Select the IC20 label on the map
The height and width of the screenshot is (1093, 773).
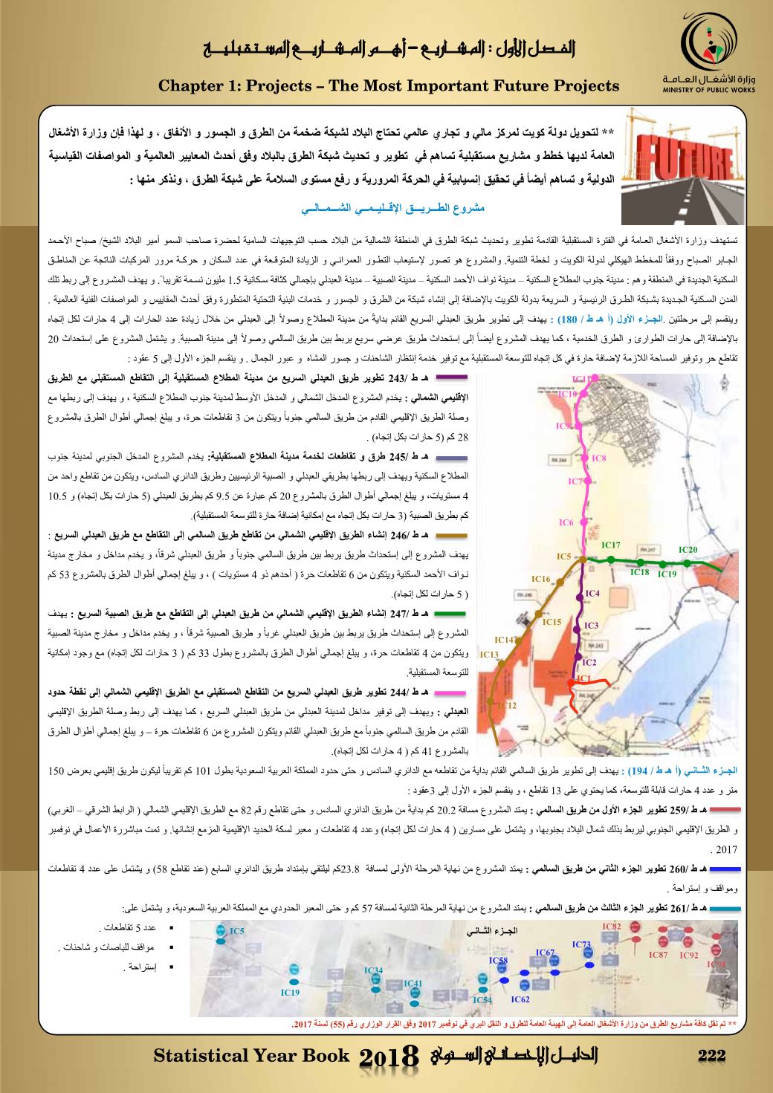[688, 549]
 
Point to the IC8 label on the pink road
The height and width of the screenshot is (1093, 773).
[600, 458]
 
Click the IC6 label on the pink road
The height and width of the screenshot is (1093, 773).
[566, 523]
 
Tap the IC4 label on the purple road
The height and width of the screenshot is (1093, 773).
[592, 594]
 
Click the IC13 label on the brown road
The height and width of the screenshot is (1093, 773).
[488, 655]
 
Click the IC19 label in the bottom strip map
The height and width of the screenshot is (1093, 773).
[290, 992]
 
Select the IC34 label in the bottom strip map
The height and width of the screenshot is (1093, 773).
[373, 970]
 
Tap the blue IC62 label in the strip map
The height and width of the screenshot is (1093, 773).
[520, 999]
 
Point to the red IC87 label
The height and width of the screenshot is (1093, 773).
[658, 954]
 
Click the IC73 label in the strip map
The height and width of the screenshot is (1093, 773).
[581, 944]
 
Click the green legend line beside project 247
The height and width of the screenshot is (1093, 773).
[451, 613]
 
